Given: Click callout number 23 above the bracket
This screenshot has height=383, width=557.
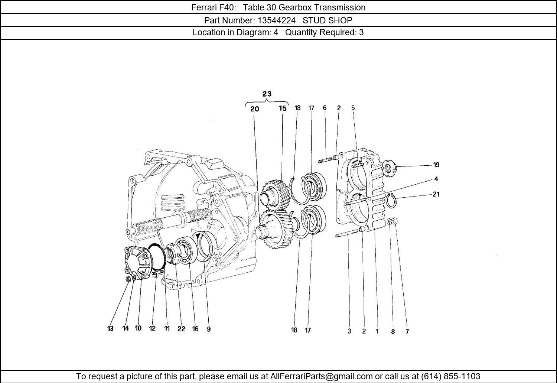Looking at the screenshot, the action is click(x=267, y=94).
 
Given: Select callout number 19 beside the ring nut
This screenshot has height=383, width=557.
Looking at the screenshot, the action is click(x=436, y=165).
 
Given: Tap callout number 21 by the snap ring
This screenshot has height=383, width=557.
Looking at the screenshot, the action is click(x=436, y=194).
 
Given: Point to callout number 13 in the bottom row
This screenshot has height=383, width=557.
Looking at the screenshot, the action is click(x=110, y=328).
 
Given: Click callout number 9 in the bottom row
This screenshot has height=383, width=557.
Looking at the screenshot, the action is click(x=209, y=329).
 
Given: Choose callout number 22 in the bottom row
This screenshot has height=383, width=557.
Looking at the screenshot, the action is click(x=181, y=329).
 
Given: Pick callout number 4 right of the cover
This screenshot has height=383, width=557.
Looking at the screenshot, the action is click(x=436, y=179).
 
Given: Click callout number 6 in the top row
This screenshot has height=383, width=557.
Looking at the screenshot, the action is click(x=325, y=108).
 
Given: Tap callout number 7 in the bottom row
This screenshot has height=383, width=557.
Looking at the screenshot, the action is click(x=407, y=331).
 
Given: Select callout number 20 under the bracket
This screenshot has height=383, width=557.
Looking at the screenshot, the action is click(x=255, y=109).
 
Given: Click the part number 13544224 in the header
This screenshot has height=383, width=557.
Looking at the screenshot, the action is click(x=277, y=20).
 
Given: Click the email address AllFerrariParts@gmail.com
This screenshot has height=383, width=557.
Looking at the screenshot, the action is click(x=322, y=376).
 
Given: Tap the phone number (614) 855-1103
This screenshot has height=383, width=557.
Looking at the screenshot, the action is click(x=450, y=376).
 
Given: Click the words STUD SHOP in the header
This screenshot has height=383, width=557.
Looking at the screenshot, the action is click(x=327, y=20).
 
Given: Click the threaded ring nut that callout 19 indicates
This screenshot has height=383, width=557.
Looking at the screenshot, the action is click(x=389, y=168).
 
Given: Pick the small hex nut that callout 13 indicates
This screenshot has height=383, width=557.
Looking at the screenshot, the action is click(x=128, y=279).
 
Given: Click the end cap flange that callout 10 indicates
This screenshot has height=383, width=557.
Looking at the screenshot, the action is click(x=138, y=263).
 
